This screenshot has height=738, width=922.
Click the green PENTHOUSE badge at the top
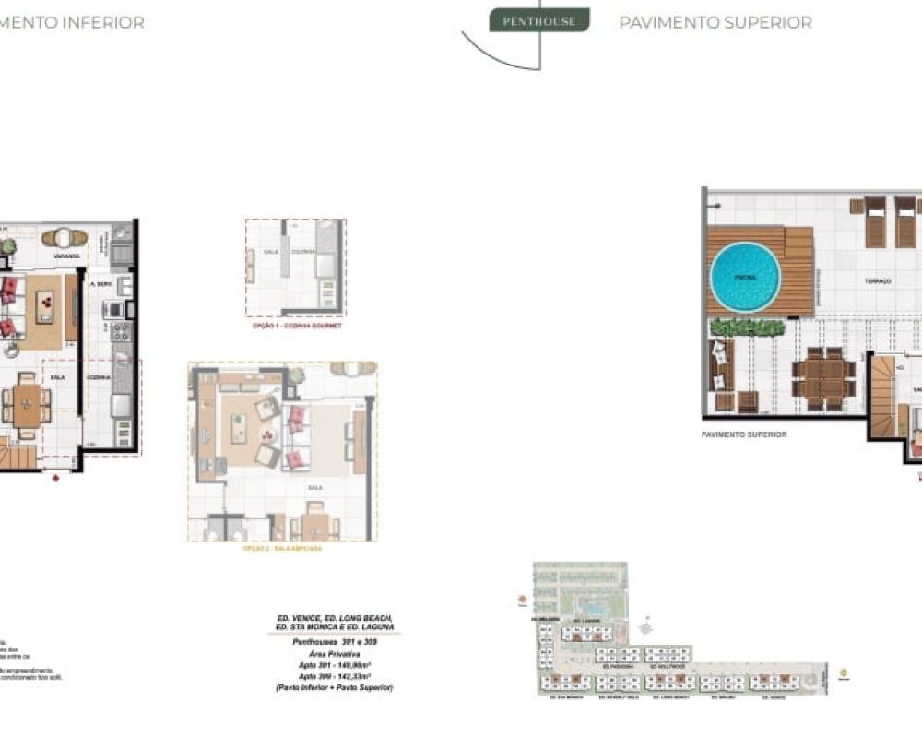[x=539, y=20]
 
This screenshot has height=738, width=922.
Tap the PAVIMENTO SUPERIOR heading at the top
[x=715, y=22]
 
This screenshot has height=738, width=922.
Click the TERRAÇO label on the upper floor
[x=877, y=281]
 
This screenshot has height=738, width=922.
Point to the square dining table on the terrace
[x=823, y=378]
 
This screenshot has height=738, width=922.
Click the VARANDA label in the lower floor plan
[x=65, y=256]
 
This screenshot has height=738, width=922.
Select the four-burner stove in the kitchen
[x=121, y=331]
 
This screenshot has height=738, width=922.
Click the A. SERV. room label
[x=99, y=285]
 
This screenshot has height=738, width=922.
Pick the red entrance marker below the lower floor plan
[x=57, y=478]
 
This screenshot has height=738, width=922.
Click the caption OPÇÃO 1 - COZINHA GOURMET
[x=296, y=327]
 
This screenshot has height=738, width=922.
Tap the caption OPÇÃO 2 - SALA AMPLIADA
[x=282, y=548]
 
